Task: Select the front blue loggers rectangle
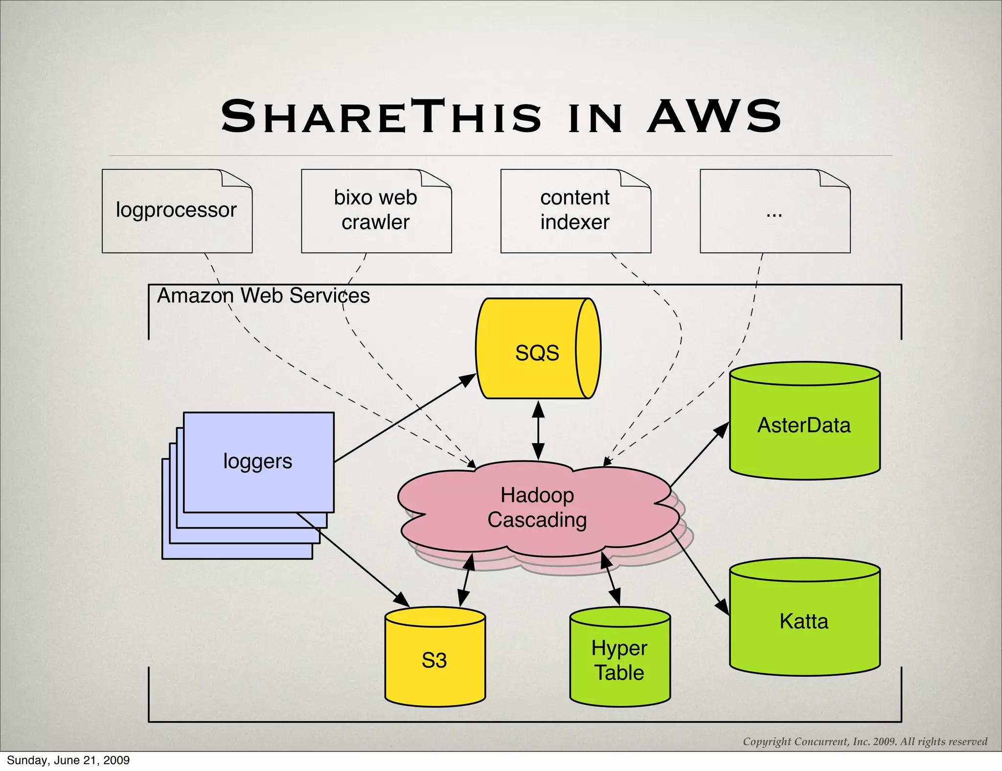tap(258, 462)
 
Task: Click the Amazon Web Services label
tap(263, 295)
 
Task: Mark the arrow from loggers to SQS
tap(405, 418)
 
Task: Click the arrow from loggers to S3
tap(352, 558)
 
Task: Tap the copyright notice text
tap(865, 742)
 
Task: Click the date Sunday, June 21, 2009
tap(68, 760)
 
